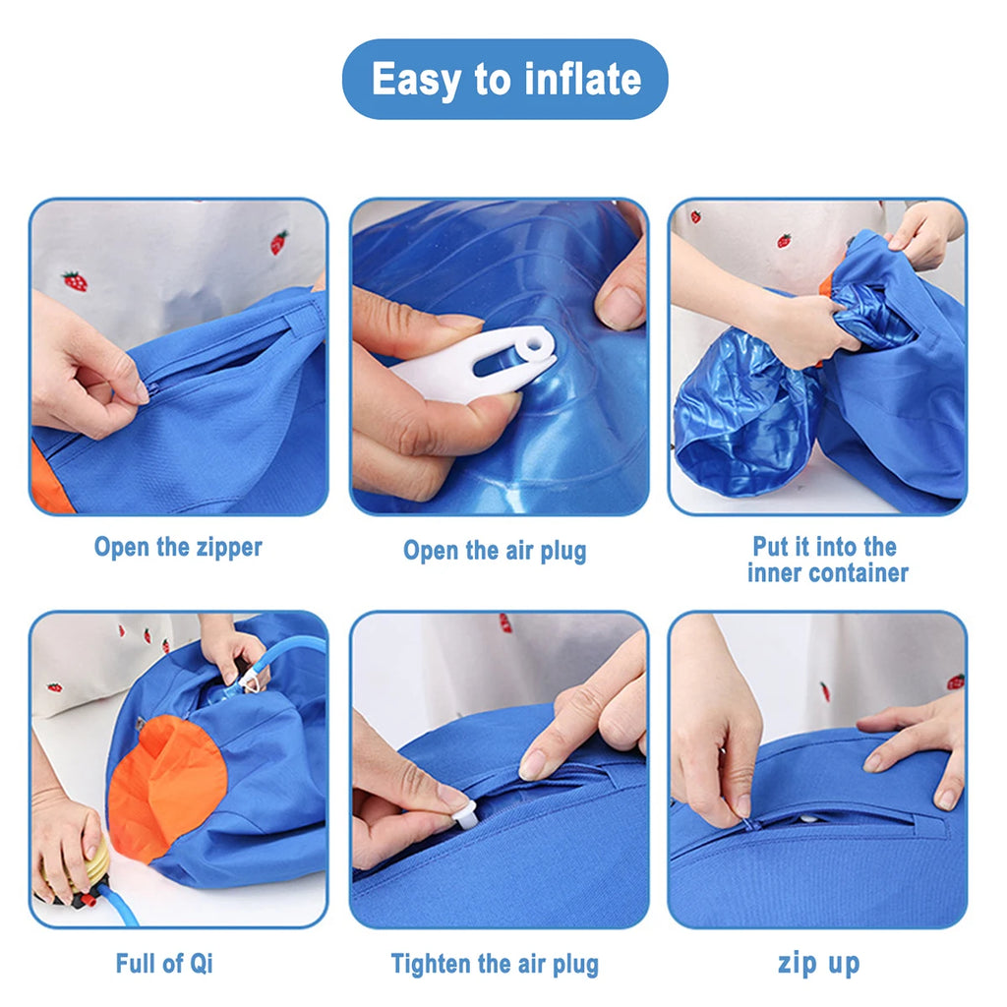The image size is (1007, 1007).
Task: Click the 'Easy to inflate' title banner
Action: click(504, 79)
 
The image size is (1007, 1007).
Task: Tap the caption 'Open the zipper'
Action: click(178, 547)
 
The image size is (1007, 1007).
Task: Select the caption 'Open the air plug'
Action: click(495, 551)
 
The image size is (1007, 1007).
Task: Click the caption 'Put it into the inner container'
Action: click(826, 560)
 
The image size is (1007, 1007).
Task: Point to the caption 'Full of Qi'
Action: click(164, 963)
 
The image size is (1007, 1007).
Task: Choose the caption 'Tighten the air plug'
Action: click(495, 964)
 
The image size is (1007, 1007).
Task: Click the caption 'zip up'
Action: click(818, 963)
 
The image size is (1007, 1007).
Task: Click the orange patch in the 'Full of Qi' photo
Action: click(163, 777)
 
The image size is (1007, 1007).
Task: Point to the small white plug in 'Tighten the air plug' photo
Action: click(463, 812)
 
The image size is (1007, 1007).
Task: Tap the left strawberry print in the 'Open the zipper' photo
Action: click(75, 281)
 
